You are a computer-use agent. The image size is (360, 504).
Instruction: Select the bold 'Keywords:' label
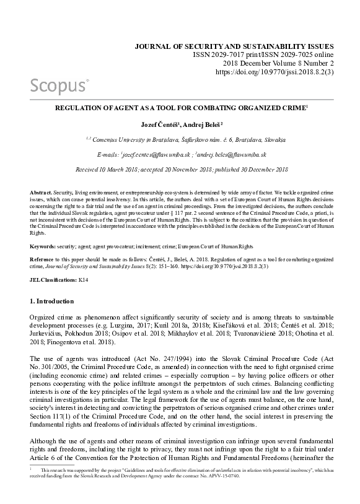pyautogui.click(x=45, y=246)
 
